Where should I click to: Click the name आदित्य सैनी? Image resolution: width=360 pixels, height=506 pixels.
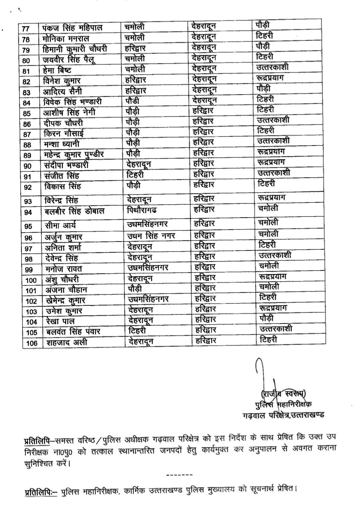click(x=62, y=91)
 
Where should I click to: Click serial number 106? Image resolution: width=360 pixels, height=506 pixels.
click(x=32, y=343)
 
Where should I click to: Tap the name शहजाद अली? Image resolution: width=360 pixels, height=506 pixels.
click(x=67, y=343)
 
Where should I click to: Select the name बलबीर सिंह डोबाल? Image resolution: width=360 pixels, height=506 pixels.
click(x=74, y=211)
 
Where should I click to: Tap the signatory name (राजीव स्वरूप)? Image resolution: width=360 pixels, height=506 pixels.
click(x=283, y=393)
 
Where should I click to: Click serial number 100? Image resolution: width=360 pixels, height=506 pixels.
click(x=31, y=281)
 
